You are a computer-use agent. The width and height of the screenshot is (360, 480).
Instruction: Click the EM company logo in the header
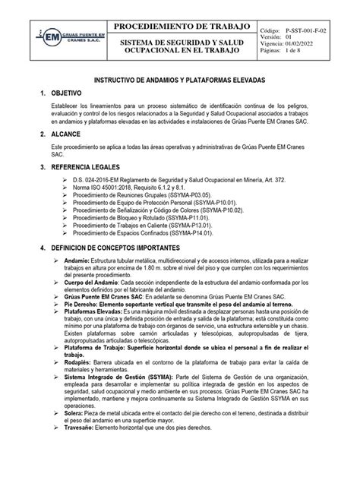point(51,37)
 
